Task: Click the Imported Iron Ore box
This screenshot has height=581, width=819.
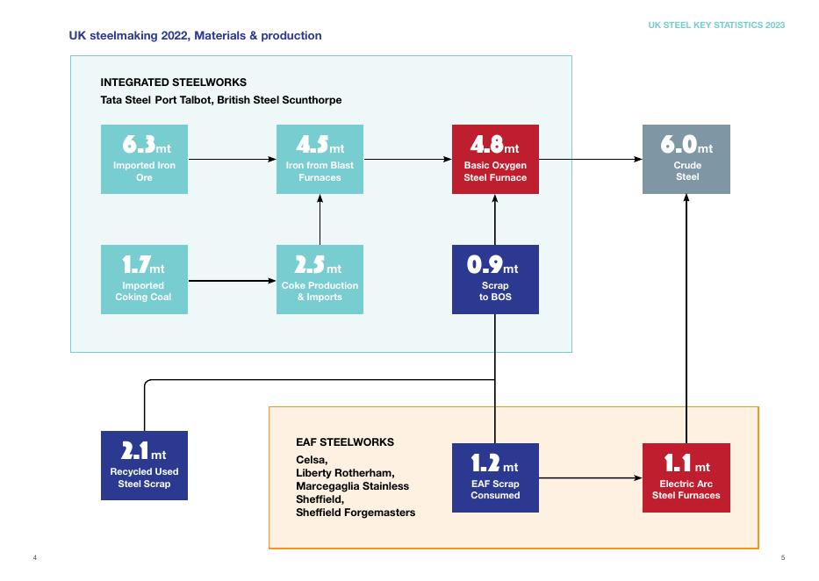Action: tap(144, 159)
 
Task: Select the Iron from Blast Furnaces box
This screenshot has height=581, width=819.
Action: tap(320, 159)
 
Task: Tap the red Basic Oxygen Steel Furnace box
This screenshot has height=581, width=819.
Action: tap(495, 159)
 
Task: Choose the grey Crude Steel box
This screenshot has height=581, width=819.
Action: tap(686, 159)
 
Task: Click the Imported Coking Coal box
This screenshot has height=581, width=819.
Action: tap(144, 279)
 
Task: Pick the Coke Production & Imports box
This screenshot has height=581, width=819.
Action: tap(320, 279)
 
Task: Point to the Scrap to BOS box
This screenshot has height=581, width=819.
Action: tap(495, 279)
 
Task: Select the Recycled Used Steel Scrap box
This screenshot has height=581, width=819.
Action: tap(144, 465)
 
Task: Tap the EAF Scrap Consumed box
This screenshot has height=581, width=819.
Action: tap(495, 477)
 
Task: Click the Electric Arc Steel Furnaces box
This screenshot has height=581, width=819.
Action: tap(686, 477)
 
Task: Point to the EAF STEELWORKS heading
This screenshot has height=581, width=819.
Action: tap(345, 442)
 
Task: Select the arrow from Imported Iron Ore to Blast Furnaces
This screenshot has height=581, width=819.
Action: tap(232, 159)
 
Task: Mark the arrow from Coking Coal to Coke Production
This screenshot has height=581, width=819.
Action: tap(232, 281)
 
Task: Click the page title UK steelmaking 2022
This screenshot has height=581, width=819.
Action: tap(195, 36)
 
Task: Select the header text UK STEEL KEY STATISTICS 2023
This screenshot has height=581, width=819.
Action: tap(716, 25)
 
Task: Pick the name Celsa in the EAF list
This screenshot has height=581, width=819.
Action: tap(312, 460)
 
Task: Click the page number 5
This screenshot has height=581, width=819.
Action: tap(783, 558)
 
